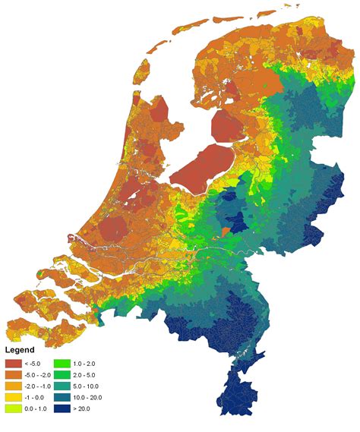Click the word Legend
pyautogui.click(x=23, y=350)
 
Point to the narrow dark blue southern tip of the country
pyautogui.click(x=237, y=402)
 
